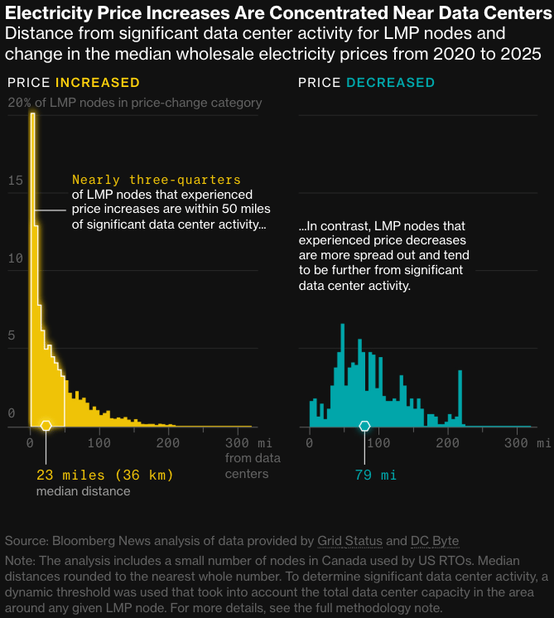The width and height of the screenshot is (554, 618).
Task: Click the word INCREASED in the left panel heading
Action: point(97,83)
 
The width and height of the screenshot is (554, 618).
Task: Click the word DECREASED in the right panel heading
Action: point(390,83)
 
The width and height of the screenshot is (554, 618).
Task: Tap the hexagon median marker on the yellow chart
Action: point(46,426)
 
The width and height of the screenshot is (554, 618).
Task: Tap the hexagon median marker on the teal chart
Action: point(364,426)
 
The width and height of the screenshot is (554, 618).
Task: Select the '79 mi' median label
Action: point(365,476)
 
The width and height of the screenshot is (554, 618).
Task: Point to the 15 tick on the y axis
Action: point(12,180)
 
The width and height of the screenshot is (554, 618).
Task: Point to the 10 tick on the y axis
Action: point(12,258)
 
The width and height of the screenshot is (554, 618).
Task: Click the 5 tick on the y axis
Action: point(12,336)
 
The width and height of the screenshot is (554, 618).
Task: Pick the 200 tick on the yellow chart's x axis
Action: point(169,443)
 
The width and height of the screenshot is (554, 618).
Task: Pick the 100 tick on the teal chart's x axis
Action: point(378,443)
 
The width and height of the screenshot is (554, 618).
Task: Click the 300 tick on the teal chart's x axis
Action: point(518,443)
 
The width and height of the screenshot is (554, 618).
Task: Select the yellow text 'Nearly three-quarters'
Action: point(157,180)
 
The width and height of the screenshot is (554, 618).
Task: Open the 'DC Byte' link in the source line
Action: point(435,541)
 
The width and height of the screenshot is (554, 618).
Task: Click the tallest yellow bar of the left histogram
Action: point(33,249)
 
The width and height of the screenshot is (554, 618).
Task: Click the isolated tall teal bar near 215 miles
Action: point(460,398)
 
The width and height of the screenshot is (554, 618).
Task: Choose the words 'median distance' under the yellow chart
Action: point(83,491)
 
